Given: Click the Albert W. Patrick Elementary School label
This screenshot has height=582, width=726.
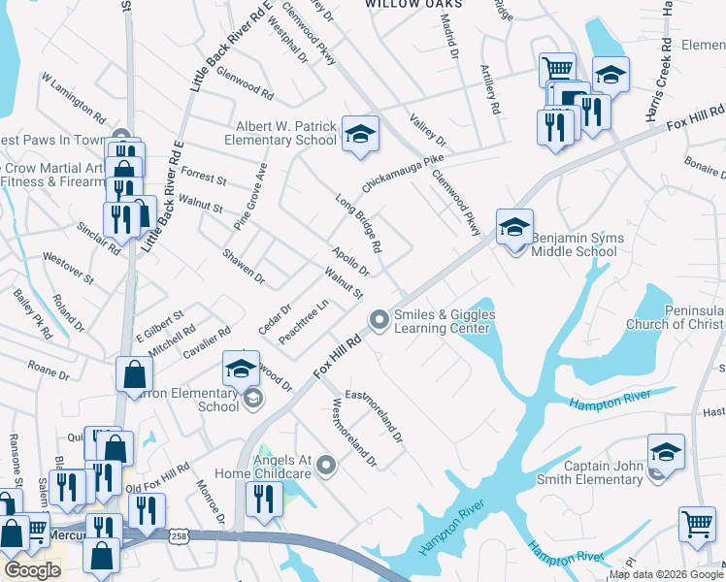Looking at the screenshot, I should click(286, 132).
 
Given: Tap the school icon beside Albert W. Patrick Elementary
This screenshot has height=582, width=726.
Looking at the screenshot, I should click(359, 135).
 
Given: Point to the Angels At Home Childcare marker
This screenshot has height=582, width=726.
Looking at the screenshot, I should click(327, 468).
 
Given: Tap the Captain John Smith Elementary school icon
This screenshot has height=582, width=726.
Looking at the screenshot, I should click(666, 453).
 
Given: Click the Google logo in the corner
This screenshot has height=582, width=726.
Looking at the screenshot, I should click(32, 570).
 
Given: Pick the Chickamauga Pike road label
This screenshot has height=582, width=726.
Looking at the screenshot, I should click(402, 172).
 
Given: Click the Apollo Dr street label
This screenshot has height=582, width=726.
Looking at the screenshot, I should click(350, 259).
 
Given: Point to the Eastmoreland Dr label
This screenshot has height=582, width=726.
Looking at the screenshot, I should click(374, 411).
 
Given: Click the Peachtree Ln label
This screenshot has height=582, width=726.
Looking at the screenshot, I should click(304, 321).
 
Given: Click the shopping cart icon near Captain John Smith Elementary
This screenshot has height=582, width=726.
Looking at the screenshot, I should click(697, 524).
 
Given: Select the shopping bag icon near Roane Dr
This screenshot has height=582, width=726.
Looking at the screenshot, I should click(134, 373).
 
